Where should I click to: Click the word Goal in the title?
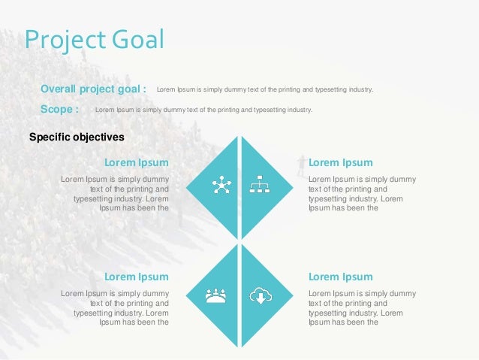138,39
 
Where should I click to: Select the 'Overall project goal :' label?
93,89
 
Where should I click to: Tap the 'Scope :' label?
59,109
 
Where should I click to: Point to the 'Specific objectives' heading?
76,137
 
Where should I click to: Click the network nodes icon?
221,184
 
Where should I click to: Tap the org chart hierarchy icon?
260,184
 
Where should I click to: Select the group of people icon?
216,295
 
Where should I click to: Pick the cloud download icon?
261,295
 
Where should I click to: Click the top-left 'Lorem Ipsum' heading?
136,162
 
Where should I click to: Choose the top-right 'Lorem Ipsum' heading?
340,162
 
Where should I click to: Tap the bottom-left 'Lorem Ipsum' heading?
136,276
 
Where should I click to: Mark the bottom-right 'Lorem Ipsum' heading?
340,276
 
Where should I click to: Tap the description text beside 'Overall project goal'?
264,90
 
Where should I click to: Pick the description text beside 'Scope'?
203,110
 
